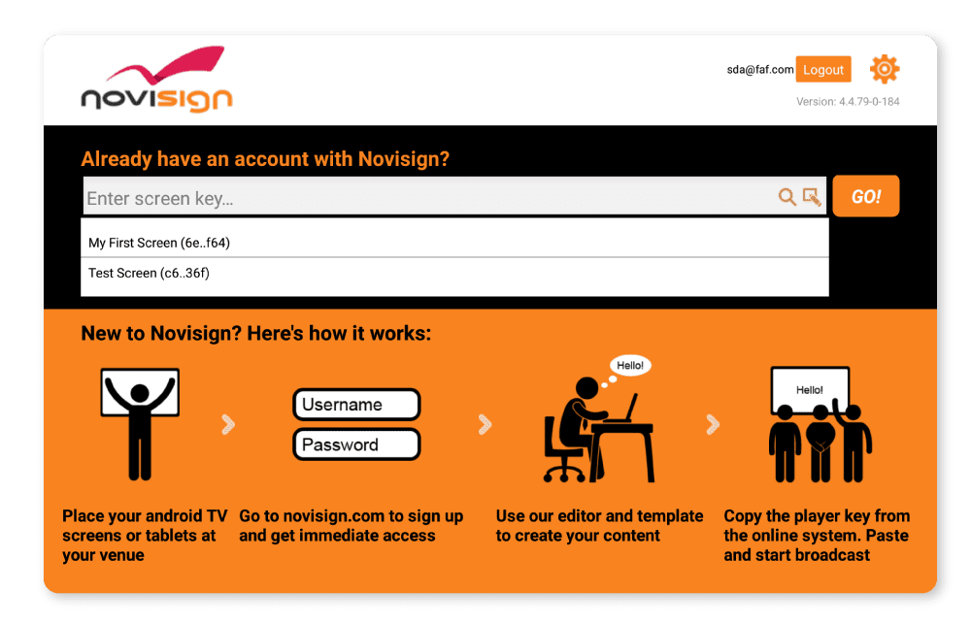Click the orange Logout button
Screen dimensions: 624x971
tap(823, 70)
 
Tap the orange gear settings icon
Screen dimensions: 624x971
tap(885, 69)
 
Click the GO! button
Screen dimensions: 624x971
tap(866, 196)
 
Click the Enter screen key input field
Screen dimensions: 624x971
tap(427, 198)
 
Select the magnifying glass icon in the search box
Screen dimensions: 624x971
tap(787, 197)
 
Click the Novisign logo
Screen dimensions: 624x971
tap(157, 82)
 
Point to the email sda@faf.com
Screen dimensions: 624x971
tap(760, 70)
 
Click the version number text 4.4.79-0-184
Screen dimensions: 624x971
tap(848, 101)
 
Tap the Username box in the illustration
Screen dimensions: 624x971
tap(356, 405)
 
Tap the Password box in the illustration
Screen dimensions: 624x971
tap(356, 444)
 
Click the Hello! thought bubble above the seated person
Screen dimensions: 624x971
tap(631, 366)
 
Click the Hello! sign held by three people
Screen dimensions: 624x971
tap(809, 389)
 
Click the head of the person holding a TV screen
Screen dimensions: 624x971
tap(139, 393)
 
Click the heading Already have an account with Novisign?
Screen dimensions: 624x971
tap(265, 159)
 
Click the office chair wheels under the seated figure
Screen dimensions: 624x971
tap(564, 474)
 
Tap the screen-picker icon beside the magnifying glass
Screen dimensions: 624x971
tap(812, 197)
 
